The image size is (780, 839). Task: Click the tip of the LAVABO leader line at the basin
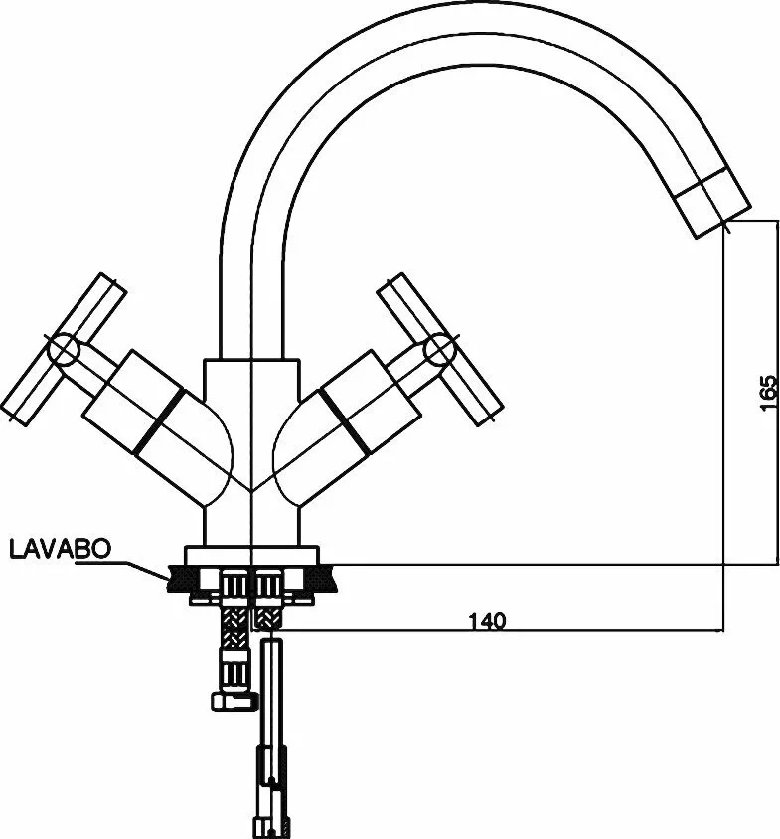[169, 580]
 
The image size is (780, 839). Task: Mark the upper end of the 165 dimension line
[777, 219]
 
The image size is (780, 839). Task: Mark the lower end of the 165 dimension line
[777, 564]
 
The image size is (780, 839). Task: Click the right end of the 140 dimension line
[723, 631]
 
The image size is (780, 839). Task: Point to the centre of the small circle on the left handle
[64, 349]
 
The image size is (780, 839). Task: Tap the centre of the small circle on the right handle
[439, 349]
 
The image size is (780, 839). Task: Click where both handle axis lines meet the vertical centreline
[251, 490]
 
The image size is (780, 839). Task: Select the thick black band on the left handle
[159, 422]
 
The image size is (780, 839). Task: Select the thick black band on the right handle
[344, 422]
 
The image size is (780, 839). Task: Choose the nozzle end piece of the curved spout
[712, 202]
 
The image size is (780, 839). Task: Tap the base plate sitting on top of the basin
[251, 555]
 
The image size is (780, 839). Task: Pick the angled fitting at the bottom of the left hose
[234, 701]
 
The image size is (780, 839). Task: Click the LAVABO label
[60, 549]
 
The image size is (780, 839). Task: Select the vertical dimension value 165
[768, 394]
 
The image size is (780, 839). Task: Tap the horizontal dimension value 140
[487, 621]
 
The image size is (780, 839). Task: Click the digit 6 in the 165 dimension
[768, 394]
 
